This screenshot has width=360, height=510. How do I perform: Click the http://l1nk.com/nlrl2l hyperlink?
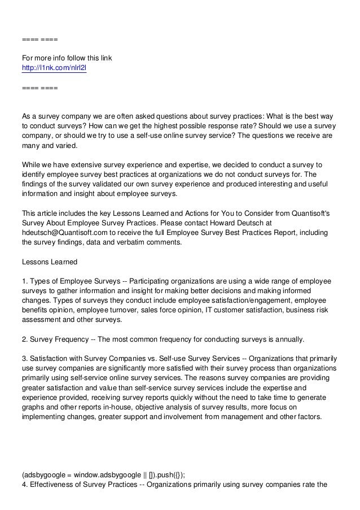point(49,69)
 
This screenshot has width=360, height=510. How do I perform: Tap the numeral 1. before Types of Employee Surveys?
point(24,282)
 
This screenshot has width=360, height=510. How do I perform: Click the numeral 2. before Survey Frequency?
point(24,340)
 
